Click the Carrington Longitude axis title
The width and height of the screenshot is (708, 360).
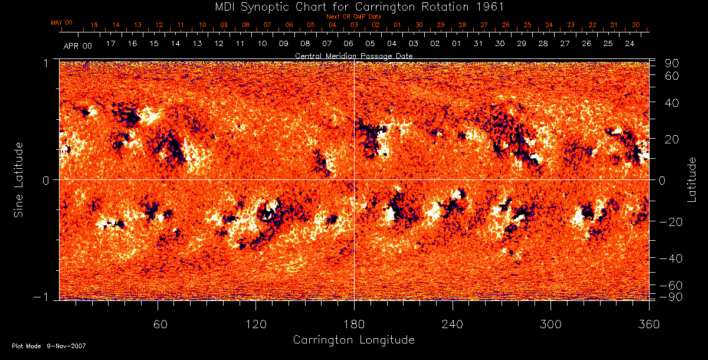click(353, 340)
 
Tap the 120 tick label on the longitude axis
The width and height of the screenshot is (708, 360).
click(255, 323)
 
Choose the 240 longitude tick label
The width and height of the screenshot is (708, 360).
click(452, 323)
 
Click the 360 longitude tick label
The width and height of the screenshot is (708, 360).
click(648, 323)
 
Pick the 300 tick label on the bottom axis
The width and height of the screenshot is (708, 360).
click(550, 323)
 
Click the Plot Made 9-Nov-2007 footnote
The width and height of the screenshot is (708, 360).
click(48, 346)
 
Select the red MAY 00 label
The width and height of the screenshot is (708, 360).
click(61, 22)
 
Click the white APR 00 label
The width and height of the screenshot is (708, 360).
click(78, 45)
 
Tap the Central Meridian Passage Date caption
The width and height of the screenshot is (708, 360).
click(353, 55)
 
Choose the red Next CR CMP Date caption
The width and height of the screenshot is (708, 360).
click(353, 17)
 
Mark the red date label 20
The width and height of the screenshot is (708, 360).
click(635, 25)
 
